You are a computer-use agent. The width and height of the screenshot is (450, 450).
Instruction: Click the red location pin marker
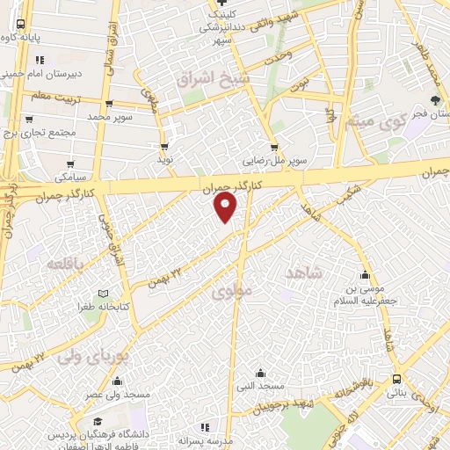point(226,207)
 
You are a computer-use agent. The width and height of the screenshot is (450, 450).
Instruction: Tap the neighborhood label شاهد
point(305,273)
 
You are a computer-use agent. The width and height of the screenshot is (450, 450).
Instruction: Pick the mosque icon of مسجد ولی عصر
point(117,381)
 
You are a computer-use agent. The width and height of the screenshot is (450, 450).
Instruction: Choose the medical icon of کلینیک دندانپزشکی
point(220,13)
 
